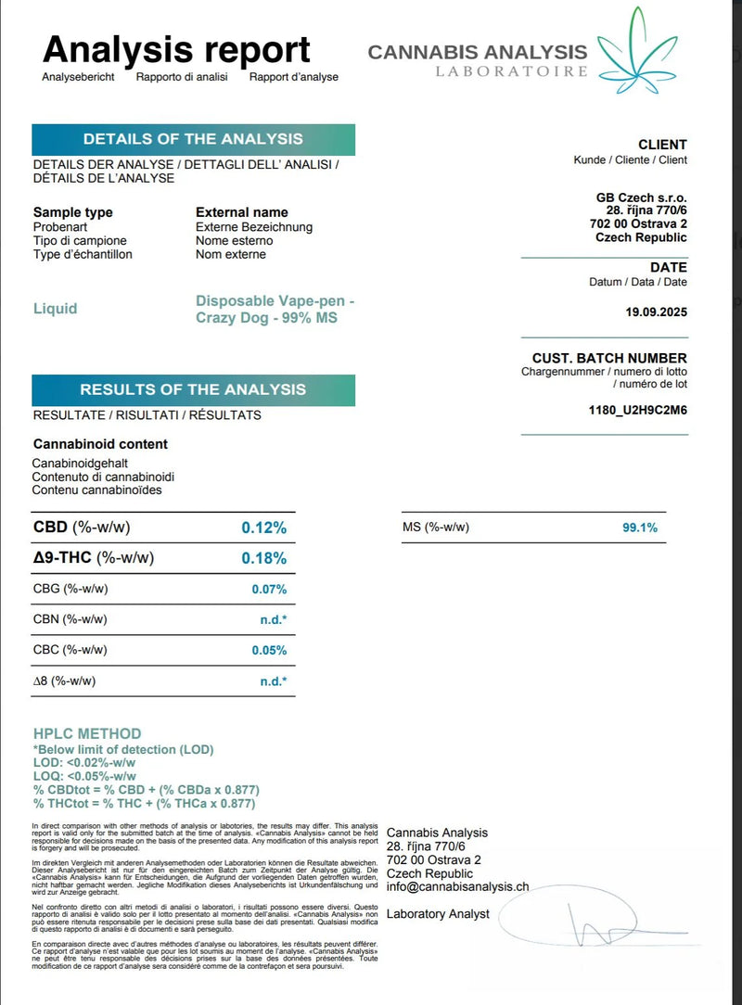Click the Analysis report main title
tap(176, 48)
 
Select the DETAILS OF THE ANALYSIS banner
tap(193, 139)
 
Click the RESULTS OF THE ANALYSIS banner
tap(193, 389)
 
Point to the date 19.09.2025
tap(657, 312)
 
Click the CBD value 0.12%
tap(264, 528)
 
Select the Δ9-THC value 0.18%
tap(264, 558)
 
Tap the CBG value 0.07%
tap(269, 589)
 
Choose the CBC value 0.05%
tap(269, 650)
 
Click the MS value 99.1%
tap(640, 528)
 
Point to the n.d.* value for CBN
tap(273, 619)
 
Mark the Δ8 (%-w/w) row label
tap(64, 681)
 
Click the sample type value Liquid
tap(56, 309)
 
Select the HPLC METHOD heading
tap(87, 733)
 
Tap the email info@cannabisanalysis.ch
tap(457, 887)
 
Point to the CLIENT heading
tap(662, 145)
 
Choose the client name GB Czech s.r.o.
tap(641, 197)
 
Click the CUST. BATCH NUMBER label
tap(609, 358)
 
